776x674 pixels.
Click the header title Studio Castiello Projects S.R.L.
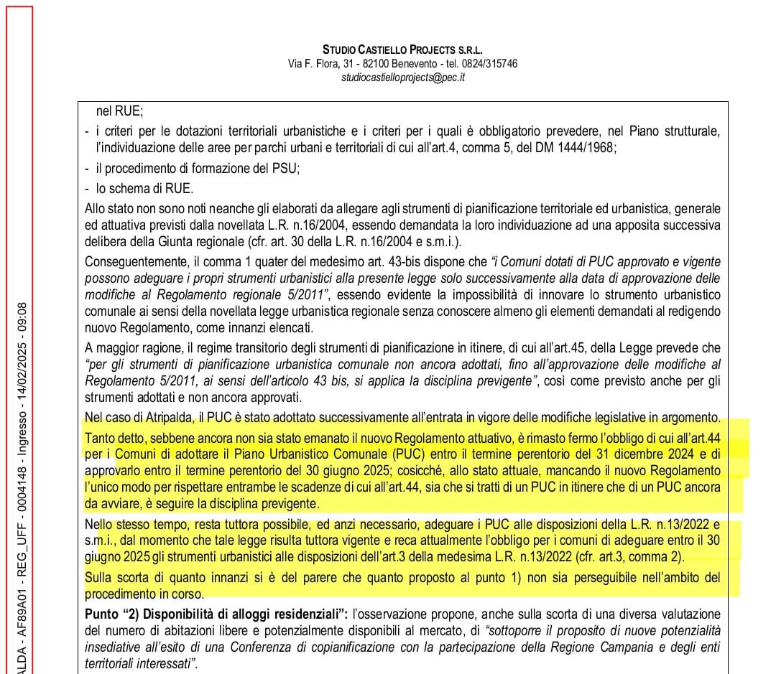(x=402, y=50)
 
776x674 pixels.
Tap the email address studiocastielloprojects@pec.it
(x=402, y=77)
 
